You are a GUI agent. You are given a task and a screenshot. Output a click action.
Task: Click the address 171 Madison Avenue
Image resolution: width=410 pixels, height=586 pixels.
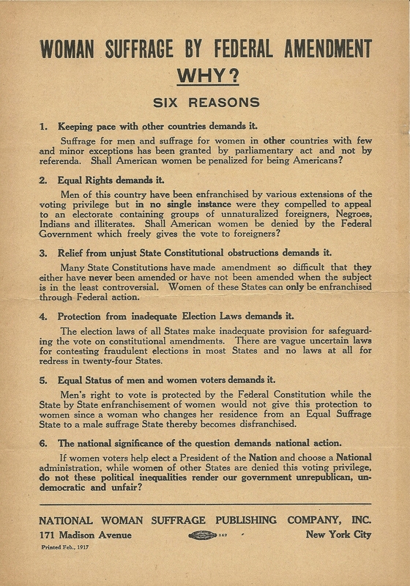[85, 535]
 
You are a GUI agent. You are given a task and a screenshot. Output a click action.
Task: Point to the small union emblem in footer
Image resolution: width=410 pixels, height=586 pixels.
[204, 535]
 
